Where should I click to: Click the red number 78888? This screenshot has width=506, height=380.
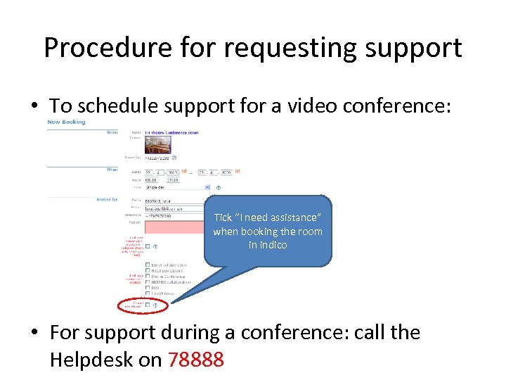click(196, 360)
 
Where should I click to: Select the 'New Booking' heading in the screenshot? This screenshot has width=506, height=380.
click(66, 122)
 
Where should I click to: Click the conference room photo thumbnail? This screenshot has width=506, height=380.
click(157, 145)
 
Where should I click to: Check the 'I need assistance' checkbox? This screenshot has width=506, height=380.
click(147, 305)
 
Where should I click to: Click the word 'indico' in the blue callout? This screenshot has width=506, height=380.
click(268, 245)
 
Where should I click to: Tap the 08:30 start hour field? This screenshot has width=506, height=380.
click(152, 179)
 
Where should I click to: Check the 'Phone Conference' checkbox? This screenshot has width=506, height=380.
click(147, 277)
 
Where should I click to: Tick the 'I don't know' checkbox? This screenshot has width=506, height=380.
click(147, 293)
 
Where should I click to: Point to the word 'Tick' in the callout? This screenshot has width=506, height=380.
click(223, 218)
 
